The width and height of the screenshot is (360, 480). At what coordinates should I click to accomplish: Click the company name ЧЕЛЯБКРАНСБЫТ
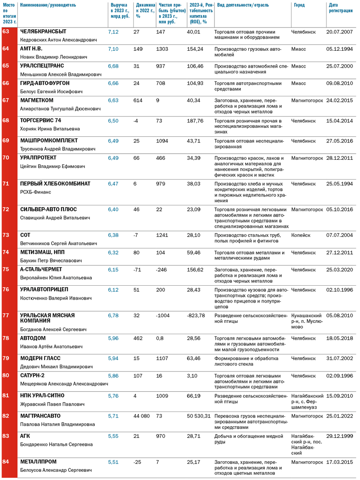[43, 32]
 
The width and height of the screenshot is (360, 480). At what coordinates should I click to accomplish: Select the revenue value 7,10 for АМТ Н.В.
[113, 49]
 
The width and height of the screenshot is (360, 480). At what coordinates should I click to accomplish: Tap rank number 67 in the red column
[6, 100]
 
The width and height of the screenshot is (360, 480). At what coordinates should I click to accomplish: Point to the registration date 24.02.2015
[339, 100]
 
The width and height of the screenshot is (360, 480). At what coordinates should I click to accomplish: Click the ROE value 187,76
[195, 121]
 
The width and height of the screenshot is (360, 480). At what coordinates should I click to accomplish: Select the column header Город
[299, 5]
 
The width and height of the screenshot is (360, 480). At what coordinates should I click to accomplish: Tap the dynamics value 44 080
[141, 416]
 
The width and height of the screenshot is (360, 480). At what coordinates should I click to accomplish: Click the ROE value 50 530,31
[199, 416]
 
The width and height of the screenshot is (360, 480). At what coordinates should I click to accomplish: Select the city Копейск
[301, 235]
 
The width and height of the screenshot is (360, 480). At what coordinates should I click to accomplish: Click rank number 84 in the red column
[6, 462]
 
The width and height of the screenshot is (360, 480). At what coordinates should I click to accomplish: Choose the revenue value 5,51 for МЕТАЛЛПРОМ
[113, 462]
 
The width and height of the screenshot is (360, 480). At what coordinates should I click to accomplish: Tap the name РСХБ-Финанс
[35, 192]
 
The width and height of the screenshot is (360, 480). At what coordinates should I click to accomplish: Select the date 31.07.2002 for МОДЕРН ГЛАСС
[339, 358]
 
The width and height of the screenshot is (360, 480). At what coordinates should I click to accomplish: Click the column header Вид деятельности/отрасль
[243, 5]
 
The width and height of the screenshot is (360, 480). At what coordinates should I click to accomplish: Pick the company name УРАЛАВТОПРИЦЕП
[44, 289]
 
